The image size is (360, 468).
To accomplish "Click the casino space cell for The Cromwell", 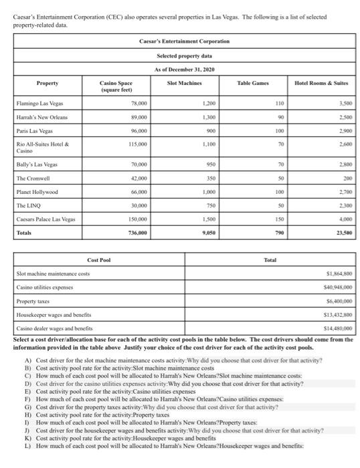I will [x=138, y=180].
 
